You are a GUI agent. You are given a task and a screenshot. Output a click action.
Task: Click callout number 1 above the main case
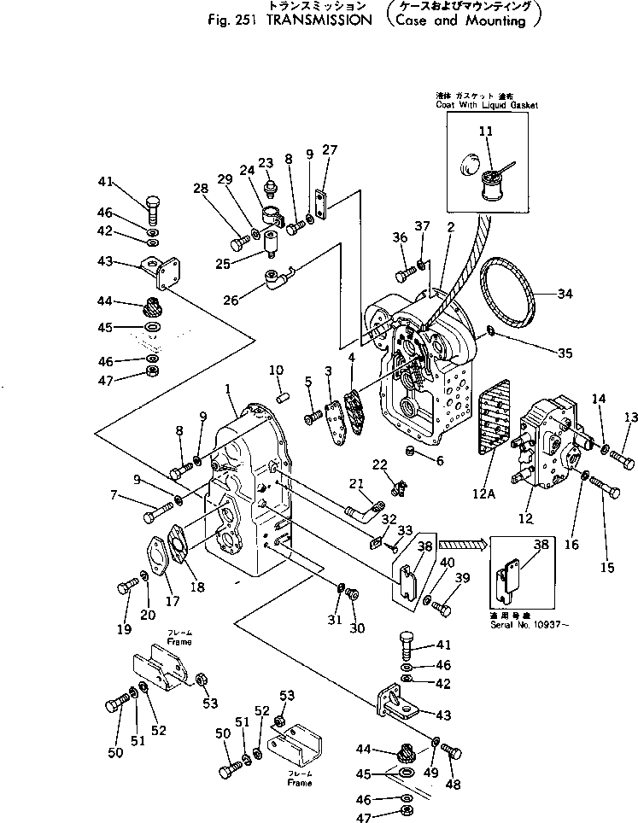point(228,389)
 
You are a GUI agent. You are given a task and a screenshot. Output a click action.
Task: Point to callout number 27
point(330,150)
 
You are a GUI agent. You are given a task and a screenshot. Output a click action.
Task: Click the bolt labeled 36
point(404,274)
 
